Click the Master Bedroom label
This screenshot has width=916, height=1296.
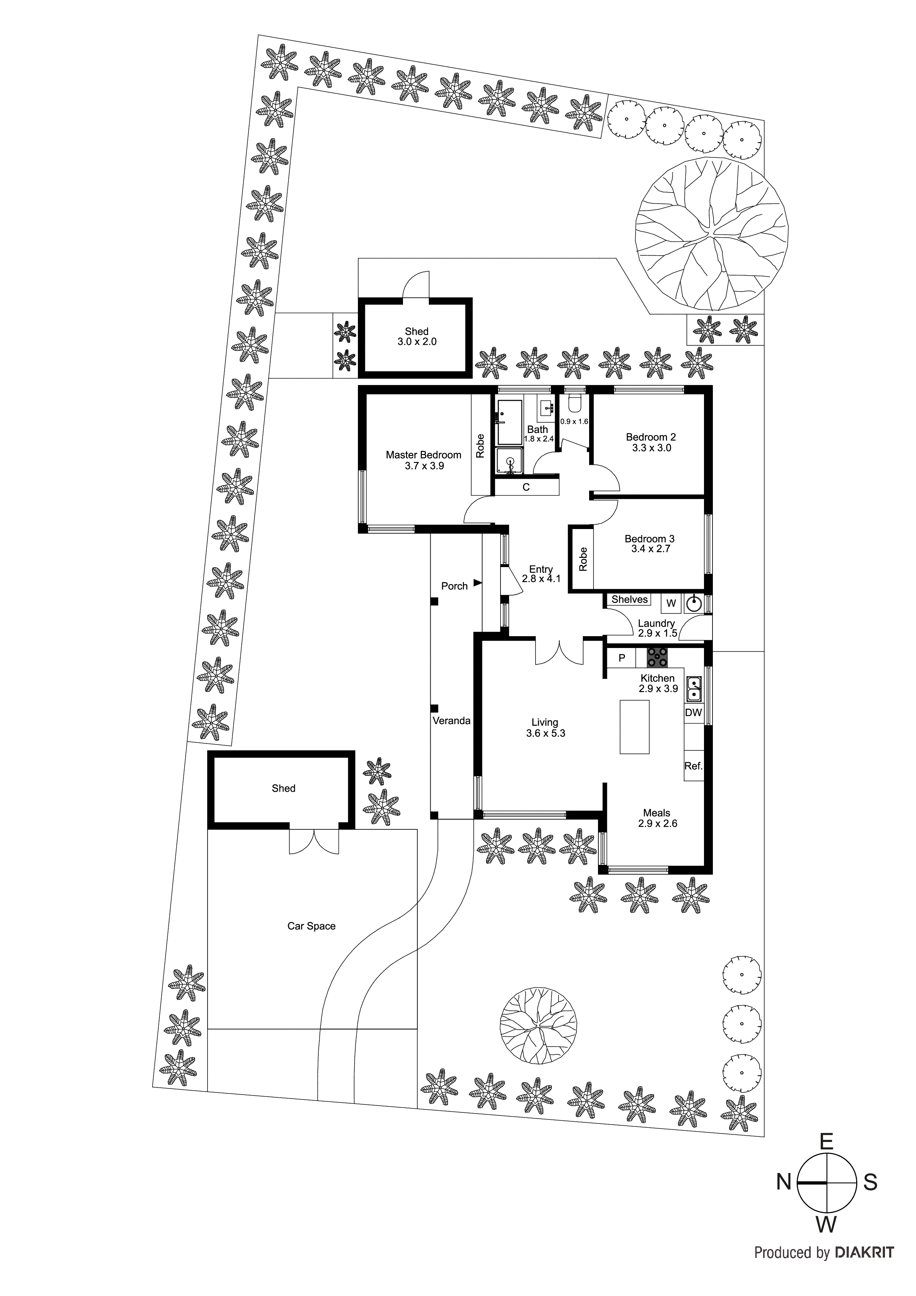[423, 454]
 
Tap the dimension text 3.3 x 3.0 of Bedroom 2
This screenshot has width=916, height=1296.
[651, 448]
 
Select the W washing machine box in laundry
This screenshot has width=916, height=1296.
[671, 603]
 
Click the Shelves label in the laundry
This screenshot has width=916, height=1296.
[629, 600]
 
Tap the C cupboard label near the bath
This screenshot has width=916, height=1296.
[526, 487]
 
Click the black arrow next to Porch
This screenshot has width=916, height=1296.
[478, 583]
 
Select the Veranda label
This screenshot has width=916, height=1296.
[451, 720]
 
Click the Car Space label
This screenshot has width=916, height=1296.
[311, 926]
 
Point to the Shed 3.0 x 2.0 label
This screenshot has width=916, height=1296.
[417, 337]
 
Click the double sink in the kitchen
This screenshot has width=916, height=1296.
[694, 688]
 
